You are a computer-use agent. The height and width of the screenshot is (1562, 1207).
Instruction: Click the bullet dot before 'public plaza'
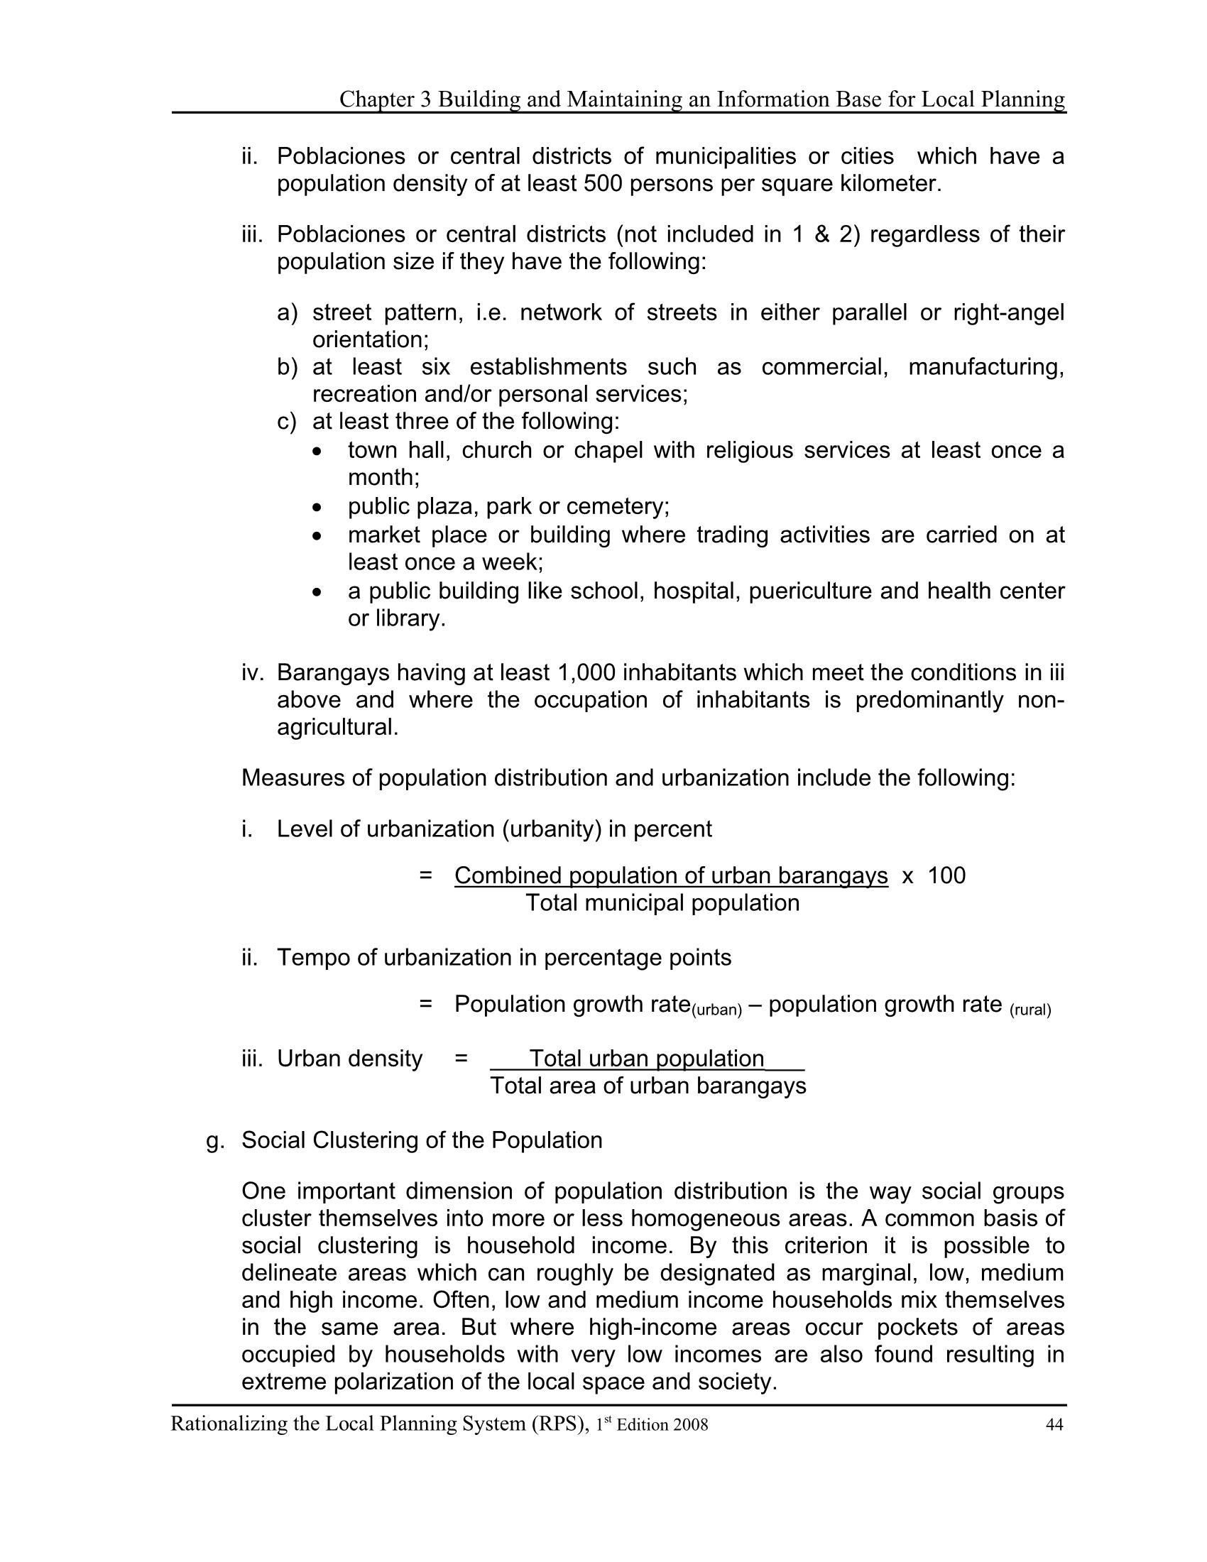318,508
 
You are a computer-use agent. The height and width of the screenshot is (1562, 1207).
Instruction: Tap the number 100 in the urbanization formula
946,875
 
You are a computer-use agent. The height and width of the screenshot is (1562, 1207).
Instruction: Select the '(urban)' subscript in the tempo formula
716,1010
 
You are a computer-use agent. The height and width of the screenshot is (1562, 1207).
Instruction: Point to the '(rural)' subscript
1029,1010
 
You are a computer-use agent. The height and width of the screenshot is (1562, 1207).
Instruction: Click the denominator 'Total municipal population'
662,902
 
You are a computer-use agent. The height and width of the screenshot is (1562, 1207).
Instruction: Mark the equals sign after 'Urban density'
461,1059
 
